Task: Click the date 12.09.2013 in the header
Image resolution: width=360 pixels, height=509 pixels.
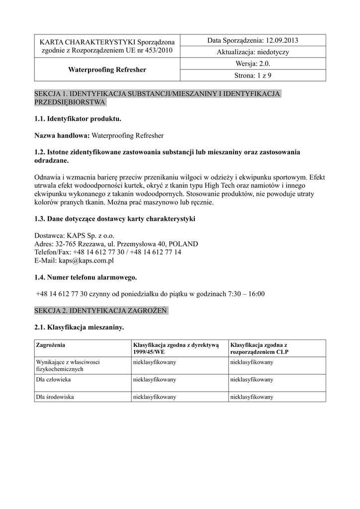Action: pos(282,40)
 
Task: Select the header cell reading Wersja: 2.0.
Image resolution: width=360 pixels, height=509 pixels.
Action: pos(251,64)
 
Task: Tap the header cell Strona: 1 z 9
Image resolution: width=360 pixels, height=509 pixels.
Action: pos(252,76)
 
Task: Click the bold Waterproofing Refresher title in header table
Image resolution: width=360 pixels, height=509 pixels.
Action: pos(107,70)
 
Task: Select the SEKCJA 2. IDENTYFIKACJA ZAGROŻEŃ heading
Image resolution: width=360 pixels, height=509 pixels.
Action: pos(100,311)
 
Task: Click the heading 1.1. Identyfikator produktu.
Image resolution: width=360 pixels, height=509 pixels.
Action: pos(78,119)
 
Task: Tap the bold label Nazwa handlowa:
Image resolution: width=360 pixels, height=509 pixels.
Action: pos(62,135)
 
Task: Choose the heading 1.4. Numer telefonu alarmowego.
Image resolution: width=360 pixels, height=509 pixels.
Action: pos(86,277)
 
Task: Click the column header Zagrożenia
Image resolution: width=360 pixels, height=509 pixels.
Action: pos(51,344)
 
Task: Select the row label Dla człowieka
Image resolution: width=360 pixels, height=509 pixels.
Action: pos(54,379)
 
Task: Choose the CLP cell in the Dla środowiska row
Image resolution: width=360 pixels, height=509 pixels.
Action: pos(252,397)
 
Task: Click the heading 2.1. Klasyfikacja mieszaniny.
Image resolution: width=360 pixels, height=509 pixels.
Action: pos(79,328)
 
